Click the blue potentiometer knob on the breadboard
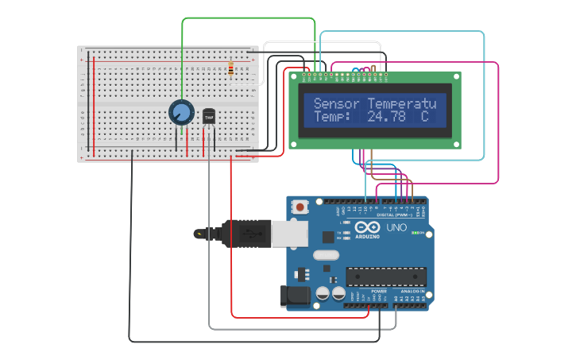[181, 112]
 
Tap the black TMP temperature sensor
[209, 117]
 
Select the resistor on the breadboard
[230, 69]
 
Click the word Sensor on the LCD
[337, 103]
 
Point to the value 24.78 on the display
[386, 117]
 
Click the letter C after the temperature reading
[424, 117]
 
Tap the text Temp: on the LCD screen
[331, 117]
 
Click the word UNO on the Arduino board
[396, 228]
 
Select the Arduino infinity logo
[367, 227]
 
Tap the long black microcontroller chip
[385, 277]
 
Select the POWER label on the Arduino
[379, 292]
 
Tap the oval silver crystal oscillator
[326, 255]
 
